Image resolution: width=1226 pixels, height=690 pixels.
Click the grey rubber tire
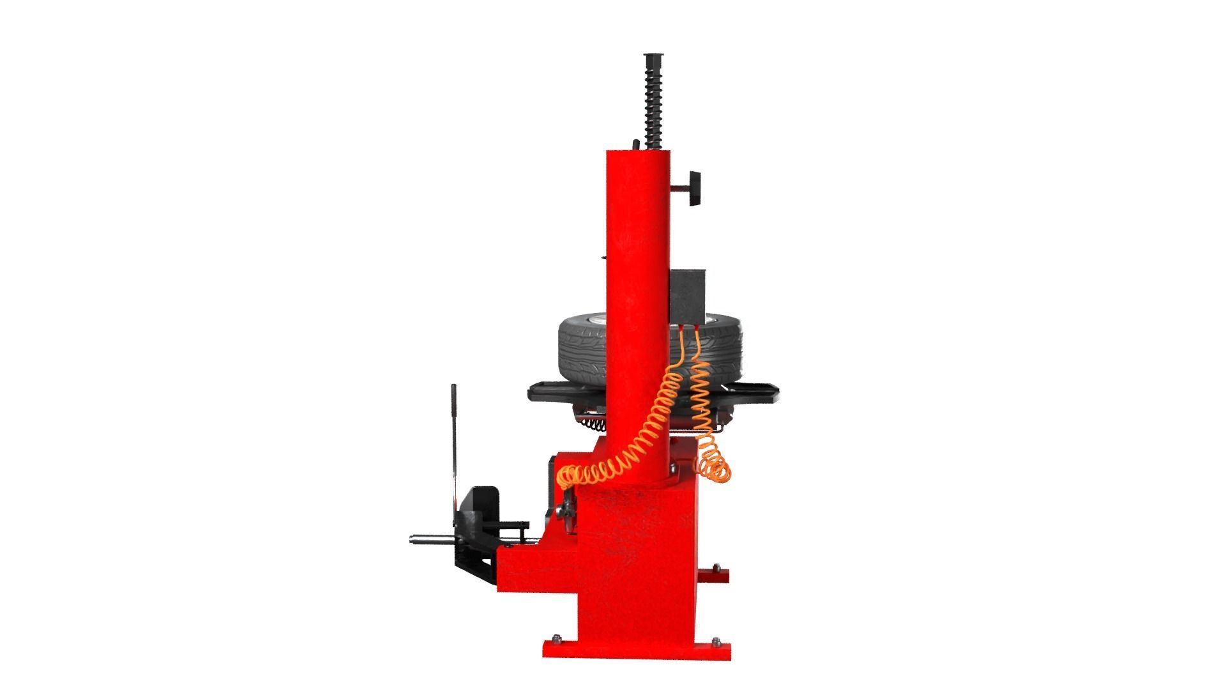pos(581,348)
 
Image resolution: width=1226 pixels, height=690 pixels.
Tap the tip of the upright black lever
pos(453,388)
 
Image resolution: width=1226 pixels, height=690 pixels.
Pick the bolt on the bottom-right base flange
pos(715,640)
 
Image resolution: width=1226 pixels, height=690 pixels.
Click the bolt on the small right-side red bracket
pos(716,567)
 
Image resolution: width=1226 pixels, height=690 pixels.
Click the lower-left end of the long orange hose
pos(566,476)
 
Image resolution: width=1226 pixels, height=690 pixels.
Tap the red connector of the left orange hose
pos(682,328)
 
